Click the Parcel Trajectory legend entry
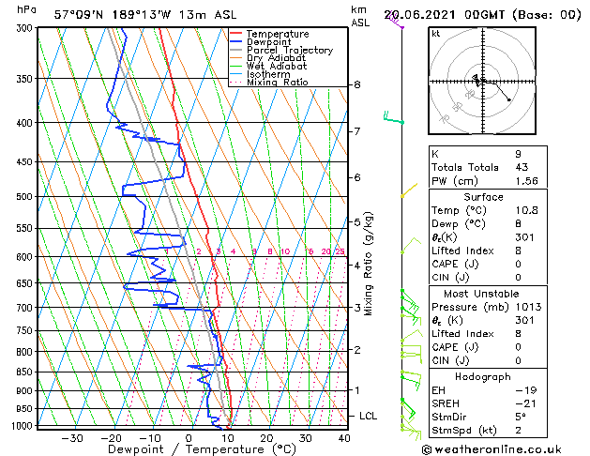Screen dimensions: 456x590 (289, 51)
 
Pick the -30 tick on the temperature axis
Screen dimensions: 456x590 (71, 438)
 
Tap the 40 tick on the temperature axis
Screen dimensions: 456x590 (344, 438)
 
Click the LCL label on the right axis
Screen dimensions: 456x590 (369, 416)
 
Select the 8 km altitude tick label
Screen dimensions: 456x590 (357, 84)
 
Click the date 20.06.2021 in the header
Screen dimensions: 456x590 (423, 14)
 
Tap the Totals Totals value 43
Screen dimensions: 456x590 (522, 167)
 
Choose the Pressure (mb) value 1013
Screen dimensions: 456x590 (527, 307)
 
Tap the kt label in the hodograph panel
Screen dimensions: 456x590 (436, 33)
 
